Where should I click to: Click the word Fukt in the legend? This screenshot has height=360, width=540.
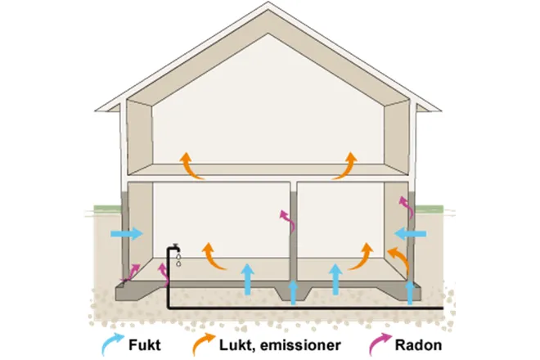(145, 344)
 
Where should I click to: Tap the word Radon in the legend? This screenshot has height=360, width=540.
(418, 344)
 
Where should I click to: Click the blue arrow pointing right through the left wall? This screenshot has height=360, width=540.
(127, 233)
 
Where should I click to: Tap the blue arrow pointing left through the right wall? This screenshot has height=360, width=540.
(410, 234)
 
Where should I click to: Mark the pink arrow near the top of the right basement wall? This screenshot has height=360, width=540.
(407, 206)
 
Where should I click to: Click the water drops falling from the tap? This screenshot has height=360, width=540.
(178, 260)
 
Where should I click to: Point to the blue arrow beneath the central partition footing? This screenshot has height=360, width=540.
(293, 293)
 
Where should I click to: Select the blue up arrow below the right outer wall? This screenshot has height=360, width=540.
(410, 293)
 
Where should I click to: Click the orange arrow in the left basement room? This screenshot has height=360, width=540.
(212, 258)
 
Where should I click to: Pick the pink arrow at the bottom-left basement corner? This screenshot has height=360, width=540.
(131, 272)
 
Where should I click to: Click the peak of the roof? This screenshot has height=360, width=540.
(268, 2)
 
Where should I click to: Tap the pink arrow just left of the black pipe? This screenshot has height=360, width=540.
(164, 274)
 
